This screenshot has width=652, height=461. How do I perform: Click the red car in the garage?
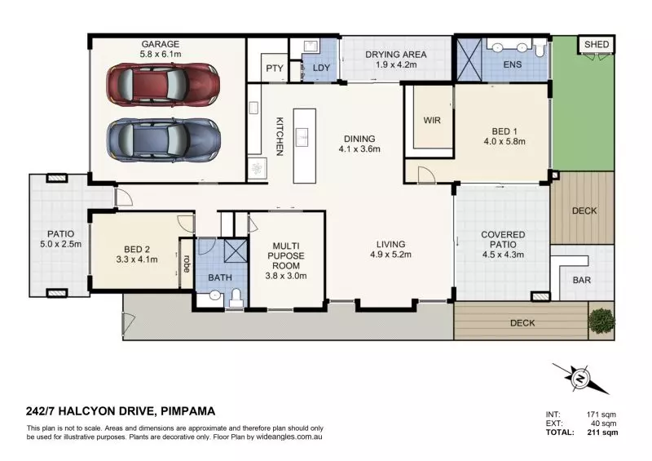(163, 82)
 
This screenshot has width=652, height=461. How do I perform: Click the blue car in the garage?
(163, 140)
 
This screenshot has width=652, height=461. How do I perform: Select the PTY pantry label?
(274, 69)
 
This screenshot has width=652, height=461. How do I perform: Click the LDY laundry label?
(321, 69)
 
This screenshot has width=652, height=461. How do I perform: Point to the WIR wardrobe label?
(432, 120)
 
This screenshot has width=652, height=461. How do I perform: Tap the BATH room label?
(221, 278)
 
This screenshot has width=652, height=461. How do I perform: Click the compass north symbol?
(580, 379)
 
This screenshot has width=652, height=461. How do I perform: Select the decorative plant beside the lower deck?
(601, 321)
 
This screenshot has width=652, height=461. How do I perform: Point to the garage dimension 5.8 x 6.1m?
(160, 55)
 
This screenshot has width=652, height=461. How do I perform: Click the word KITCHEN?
(279, 136)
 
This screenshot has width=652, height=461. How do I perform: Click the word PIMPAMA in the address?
(189, 411)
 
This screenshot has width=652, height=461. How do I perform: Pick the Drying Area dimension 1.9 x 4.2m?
(395, 65)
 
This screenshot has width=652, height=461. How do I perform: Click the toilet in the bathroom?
(236, 297)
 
